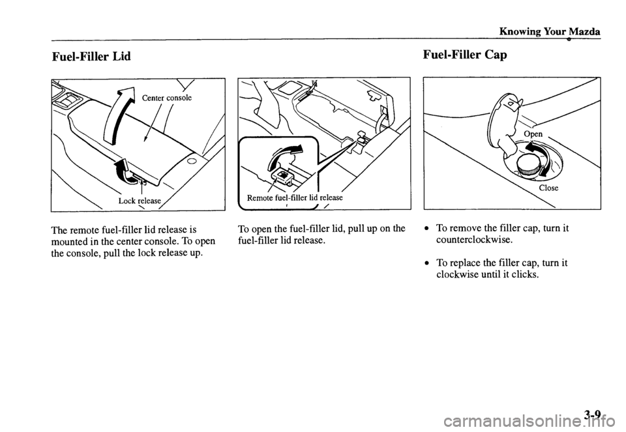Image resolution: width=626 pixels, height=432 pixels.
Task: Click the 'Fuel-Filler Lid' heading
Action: click(91, 57)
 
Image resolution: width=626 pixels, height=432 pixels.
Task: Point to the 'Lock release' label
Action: click(140, 200)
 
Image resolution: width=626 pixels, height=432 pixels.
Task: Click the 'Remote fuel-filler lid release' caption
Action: click(295, 197)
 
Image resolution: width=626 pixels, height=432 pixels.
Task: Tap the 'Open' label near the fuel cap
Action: click(533, 134)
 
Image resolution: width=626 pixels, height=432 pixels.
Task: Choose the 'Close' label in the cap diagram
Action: click(548, 188)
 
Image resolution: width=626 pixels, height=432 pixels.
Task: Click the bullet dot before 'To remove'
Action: click(427, 229)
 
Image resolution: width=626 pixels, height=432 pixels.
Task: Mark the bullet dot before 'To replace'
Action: click(427, 263)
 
